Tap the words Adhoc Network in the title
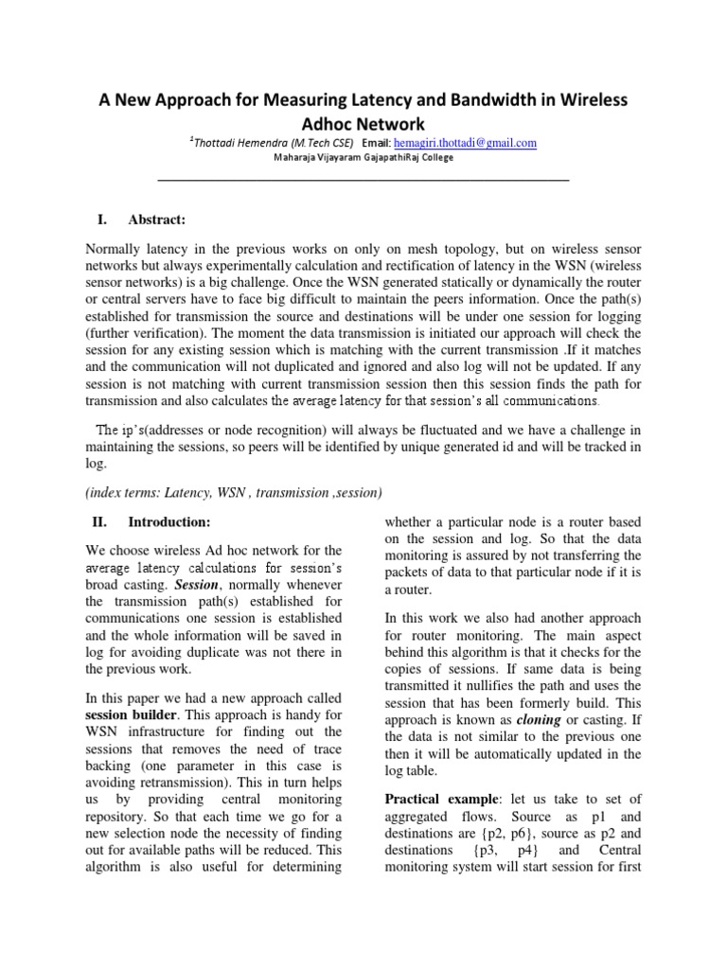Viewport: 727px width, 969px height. click(363, 124)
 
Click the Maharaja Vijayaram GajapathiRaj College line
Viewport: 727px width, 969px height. click(363, 158)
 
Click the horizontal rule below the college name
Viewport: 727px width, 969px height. click(363, 179)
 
